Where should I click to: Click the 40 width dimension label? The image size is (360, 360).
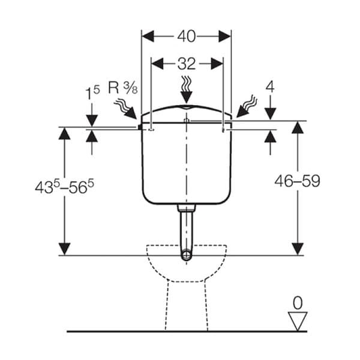(x=187, y=36)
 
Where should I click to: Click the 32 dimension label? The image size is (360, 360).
(x=187, y=64)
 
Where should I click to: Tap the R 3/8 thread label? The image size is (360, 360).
(x=123, y=88)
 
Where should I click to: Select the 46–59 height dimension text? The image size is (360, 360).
(x=298, y=181)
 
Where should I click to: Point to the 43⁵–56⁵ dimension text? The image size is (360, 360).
(x=65, y=187)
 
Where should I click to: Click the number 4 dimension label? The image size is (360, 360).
(x=270, y=87)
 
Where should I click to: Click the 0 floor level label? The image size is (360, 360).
(x=298, y=303)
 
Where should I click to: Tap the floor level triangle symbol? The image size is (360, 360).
(x=298, y=321)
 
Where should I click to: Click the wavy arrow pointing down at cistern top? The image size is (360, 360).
(x=186, y=89)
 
